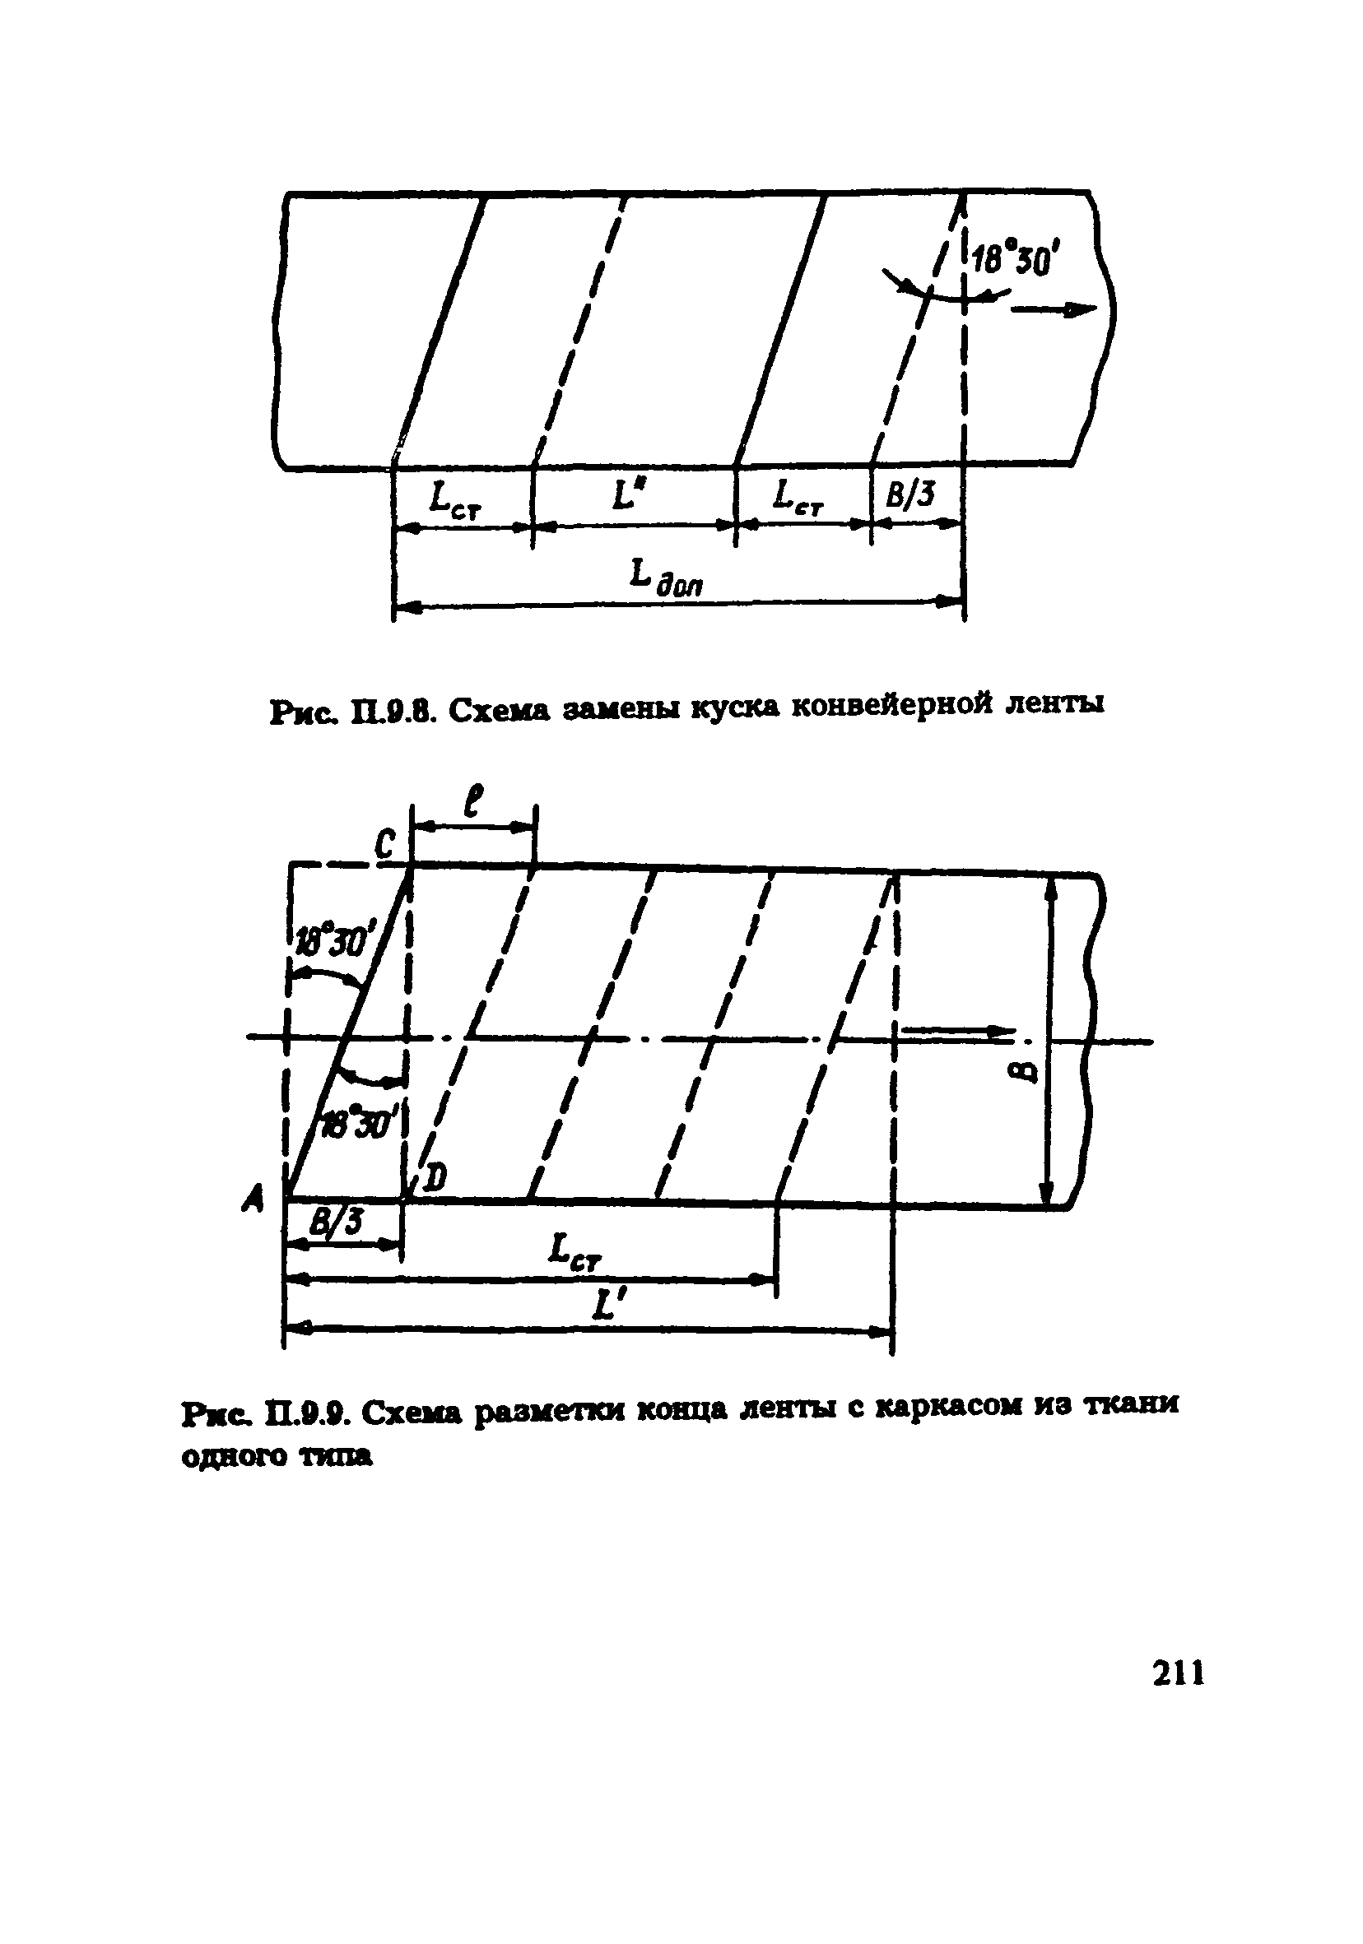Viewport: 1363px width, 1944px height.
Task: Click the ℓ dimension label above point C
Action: (475, 800)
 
